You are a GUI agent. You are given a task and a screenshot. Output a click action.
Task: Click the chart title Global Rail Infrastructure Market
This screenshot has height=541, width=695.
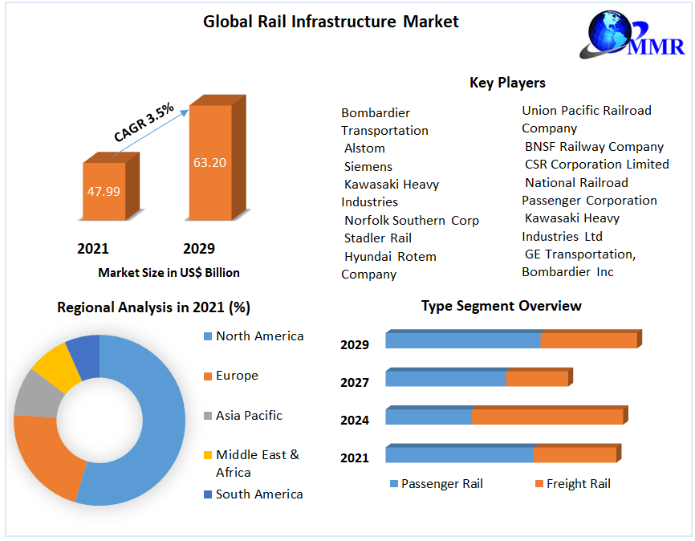point(331,22)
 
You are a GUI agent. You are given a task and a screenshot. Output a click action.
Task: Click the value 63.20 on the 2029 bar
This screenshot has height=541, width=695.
point(209,162)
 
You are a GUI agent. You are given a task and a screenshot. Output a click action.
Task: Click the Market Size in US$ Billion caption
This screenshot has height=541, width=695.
point(169,273)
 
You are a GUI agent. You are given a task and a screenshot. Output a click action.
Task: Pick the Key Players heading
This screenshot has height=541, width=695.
point(507,83)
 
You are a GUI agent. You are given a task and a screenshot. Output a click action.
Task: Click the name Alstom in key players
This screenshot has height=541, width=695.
point(364,148)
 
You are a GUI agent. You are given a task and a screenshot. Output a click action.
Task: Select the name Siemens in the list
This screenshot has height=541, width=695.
point(368,167)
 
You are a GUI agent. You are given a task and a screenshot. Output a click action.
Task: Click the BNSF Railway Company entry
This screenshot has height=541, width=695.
point(594,147)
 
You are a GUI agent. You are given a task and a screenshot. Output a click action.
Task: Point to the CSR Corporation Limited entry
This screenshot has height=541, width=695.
point(596,165)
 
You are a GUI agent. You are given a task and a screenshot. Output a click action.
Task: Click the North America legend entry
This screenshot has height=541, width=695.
point(259,336)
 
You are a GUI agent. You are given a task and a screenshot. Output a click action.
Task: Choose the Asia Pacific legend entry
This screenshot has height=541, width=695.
point(249,416)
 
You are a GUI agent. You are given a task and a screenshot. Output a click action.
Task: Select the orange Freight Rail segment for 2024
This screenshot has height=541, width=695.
point(547,417)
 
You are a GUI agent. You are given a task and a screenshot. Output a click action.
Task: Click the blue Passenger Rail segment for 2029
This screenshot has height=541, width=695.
point(462,340)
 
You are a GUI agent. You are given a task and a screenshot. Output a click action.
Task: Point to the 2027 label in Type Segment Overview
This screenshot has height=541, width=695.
point(355,383)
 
